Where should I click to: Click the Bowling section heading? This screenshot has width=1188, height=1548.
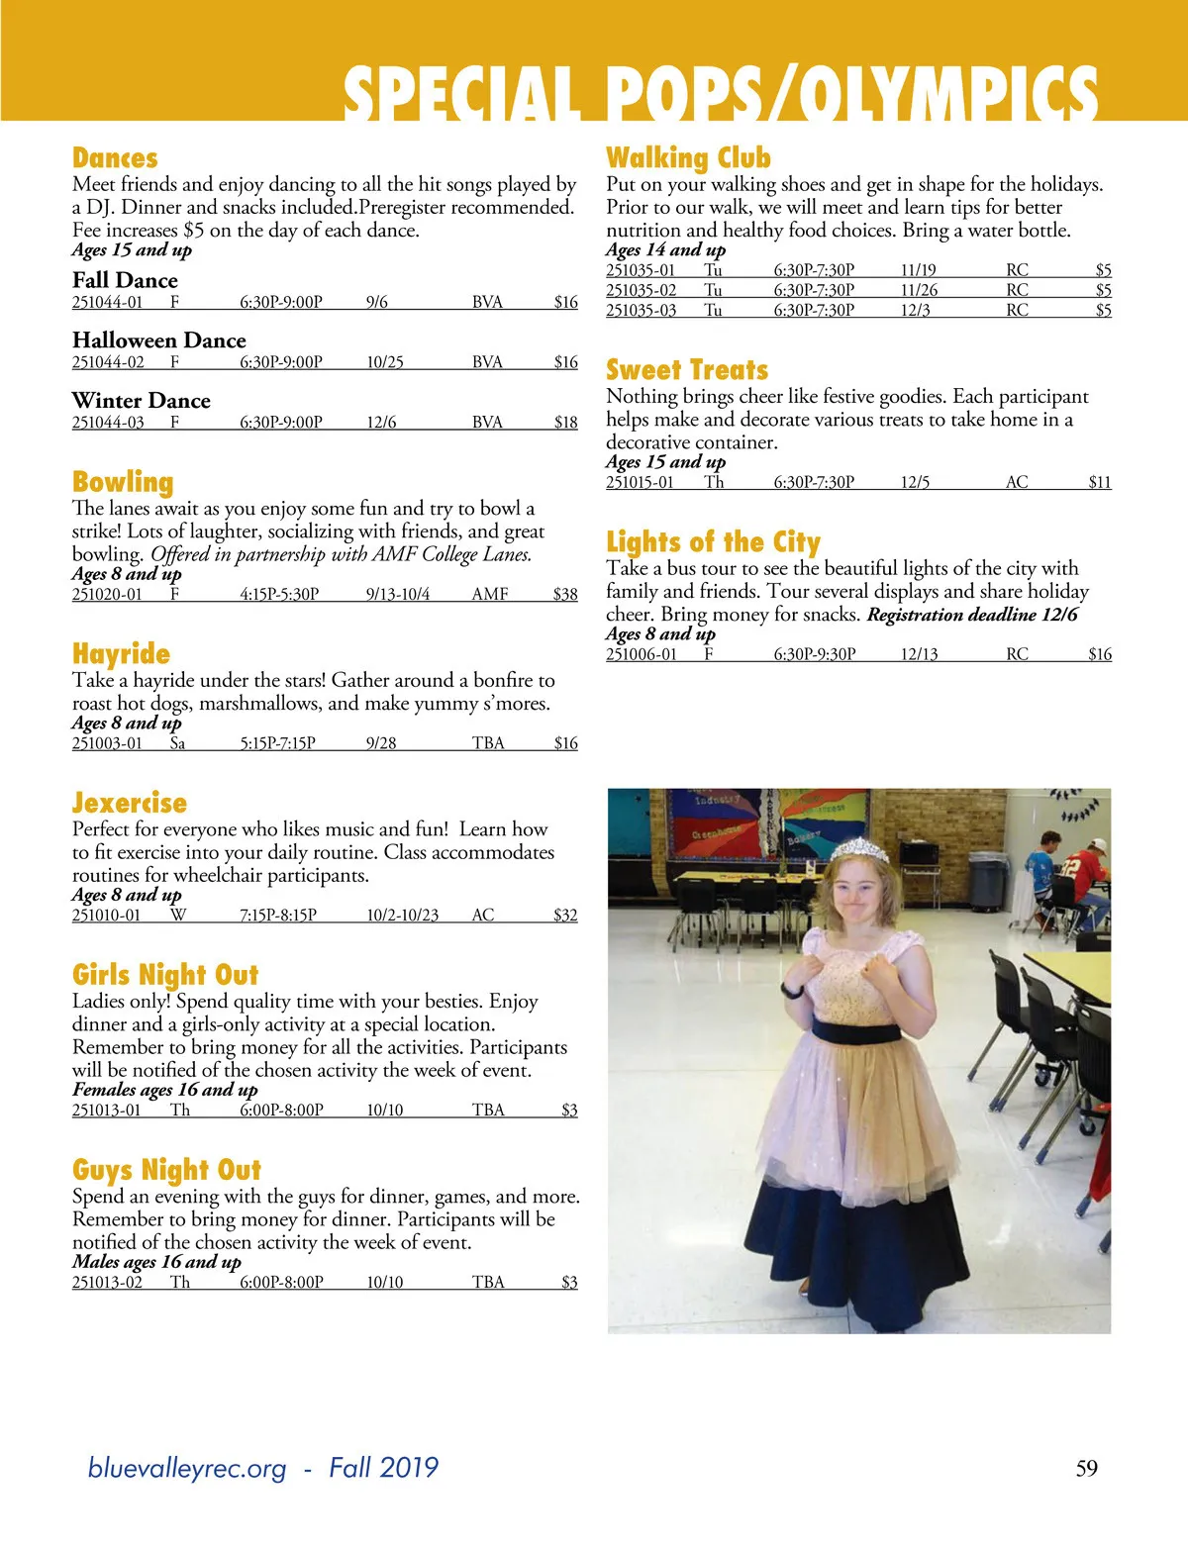123,482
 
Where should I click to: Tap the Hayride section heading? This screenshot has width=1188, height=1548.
121,654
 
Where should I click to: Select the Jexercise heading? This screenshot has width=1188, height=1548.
130,803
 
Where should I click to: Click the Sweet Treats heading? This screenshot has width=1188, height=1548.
687,370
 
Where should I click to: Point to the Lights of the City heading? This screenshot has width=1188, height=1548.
713,542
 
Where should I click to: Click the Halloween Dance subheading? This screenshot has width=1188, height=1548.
158,340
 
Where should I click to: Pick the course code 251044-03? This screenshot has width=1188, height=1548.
108,423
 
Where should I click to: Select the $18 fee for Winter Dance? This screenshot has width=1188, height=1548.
565,423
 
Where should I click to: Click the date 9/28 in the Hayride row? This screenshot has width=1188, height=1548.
381,743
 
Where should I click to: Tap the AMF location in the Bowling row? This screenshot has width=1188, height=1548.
490,595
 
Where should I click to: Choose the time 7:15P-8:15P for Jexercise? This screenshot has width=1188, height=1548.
278,916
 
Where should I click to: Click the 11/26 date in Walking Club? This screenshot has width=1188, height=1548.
919,290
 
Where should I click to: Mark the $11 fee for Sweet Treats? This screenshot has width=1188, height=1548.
1099,483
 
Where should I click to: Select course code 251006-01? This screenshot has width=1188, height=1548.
642,654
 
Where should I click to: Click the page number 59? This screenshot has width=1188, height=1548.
1086,1468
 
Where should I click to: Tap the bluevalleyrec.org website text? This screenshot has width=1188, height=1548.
187,1468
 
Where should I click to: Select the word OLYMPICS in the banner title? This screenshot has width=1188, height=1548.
949,96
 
